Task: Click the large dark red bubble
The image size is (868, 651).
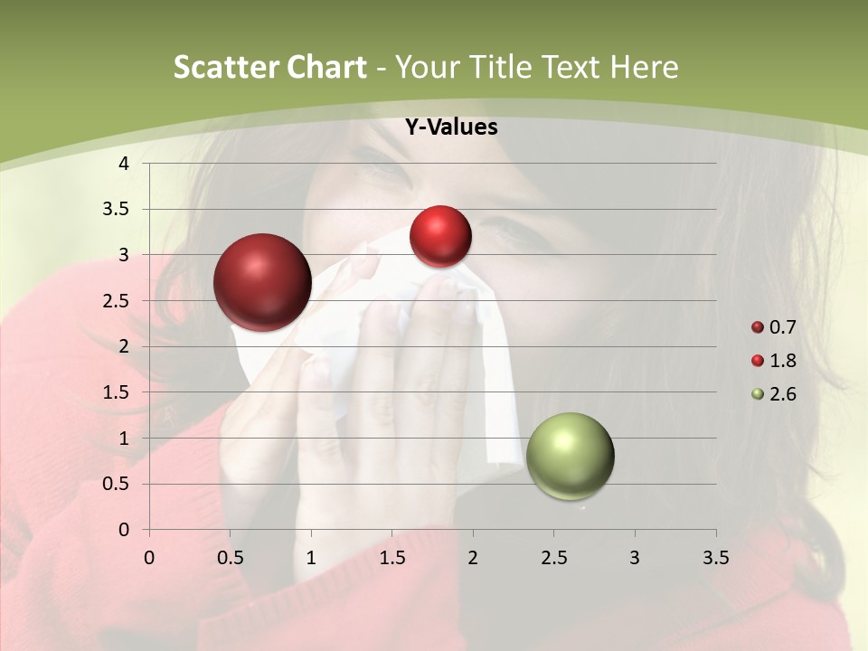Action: click(x=262, y=282)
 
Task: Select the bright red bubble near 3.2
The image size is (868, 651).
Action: click(x=440, y=236)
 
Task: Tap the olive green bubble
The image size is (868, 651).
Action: click(x=570, y=456)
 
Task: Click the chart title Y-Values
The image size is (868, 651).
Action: click(x=451, y=127)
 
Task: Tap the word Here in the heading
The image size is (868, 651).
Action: click(x=644, y=67)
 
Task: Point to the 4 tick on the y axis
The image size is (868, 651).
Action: click(x=124, y=164)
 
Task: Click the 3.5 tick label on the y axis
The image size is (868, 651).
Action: click(x=118, y=210)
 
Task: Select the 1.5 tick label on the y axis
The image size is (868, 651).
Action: click(x=118, y=392)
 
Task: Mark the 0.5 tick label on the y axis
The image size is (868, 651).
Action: click(x=118, y=484)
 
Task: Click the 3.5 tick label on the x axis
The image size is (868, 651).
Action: click(x=715, y=558)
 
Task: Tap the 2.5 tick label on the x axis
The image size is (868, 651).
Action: click(x=553, y=558)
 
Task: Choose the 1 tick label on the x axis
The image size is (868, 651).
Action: click(x=311, y=558)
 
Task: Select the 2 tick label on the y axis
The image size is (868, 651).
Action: click(x=124, y=346)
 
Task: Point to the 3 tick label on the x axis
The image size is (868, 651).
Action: click(x=634, y=558)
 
